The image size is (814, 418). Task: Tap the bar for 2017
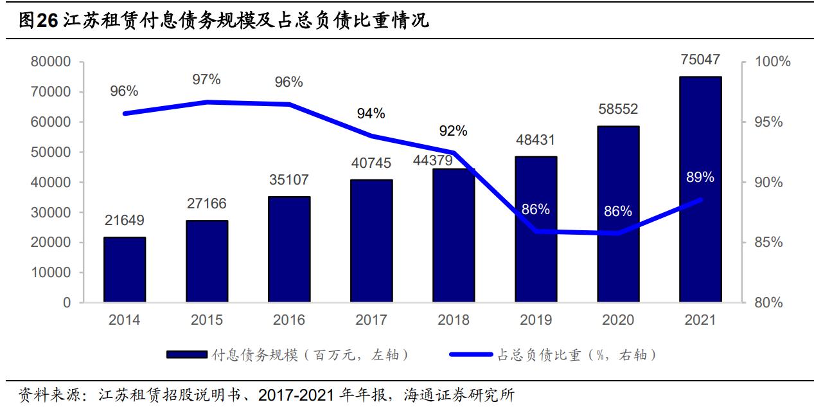tap(371, 241)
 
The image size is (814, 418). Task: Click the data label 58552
tap(617, 109)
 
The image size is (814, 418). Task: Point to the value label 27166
tap(206, 204)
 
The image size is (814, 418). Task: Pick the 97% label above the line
tap(206, 80)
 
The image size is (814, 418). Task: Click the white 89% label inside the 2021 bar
tap(700, 177)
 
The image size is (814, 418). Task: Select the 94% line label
tap(371, 114)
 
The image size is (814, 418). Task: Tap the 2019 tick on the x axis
tap(536, 320)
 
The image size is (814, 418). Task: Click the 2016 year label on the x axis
tap(288, 320)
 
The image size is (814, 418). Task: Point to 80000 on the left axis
tap(49, 62)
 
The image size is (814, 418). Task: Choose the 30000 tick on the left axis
tap(49, 213)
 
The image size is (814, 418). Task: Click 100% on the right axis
tap(770, 62)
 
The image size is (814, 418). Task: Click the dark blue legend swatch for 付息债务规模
tap(186, 354)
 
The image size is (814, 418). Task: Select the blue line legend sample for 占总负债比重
tap(472, 354)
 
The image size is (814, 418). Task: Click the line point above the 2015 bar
tap(207, 102)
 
